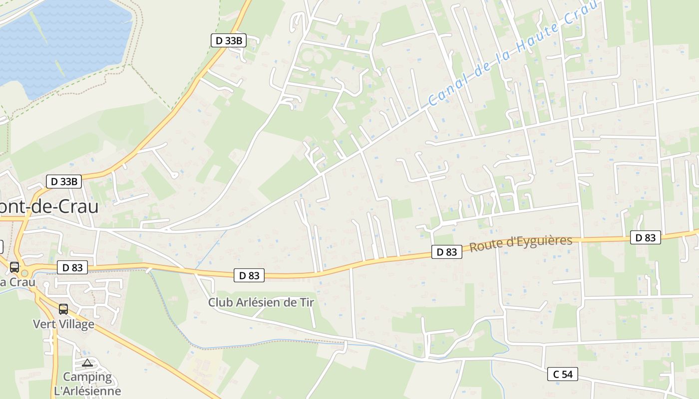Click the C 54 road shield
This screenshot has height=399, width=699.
click(x=562, y=374)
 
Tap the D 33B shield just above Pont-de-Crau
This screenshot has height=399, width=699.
click(x=64, y=182)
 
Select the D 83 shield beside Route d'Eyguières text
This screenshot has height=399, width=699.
click(x=446, y=252)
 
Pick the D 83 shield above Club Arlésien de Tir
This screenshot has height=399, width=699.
click(x=249, y=275)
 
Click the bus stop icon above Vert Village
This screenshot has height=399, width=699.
click(x=63, y=309)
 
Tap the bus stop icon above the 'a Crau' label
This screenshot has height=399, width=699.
click(x=14, y=267)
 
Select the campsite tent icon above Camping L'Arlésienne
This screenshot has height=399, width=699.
click(x=87, y=363)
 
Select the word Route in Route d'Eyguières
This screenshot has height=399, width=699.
click(x=484, y=246)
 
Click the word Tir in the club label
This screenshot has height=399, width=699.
click(x=307, y=302)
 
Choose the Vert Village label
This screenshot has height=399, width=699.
click(x=63, y=324)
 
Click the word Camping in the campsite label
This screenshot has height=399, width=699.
click(x=87, y=377)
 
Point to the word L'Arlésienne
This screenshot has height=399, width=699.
click(x=87, y=391)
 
